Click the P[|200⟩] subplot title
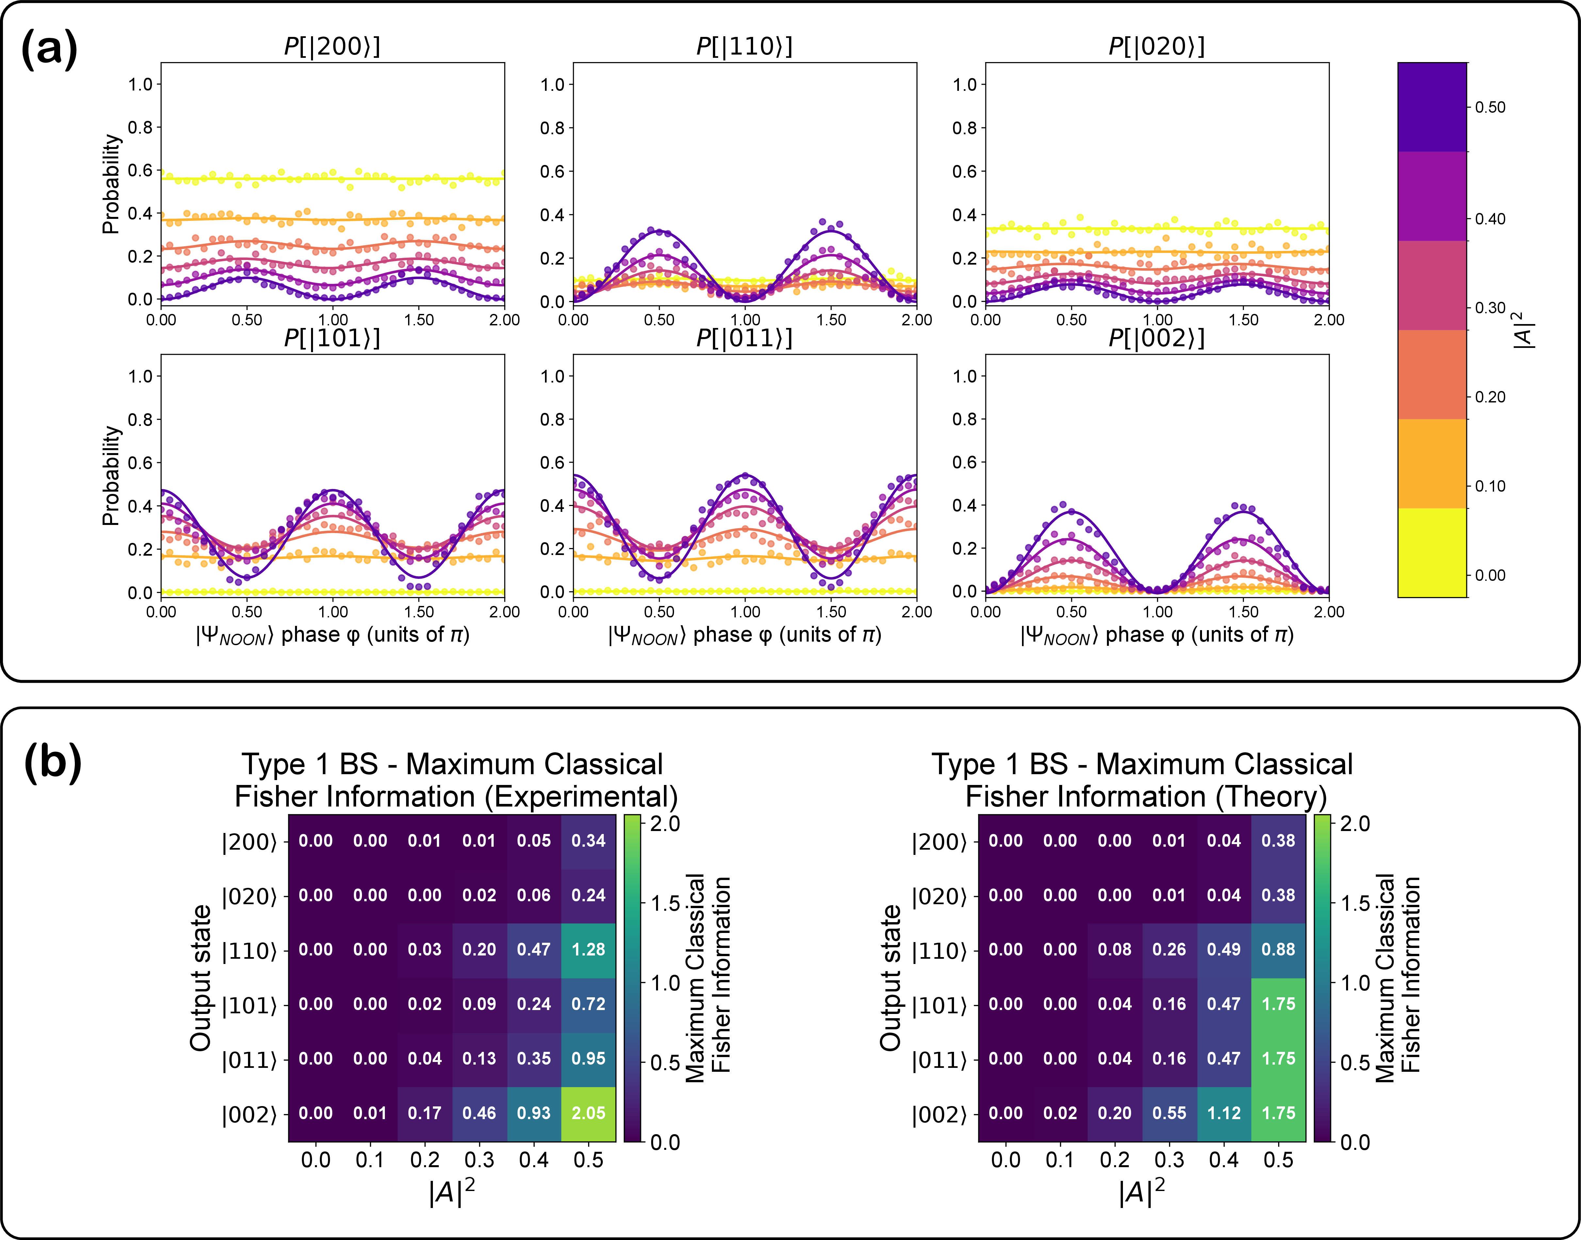point(332,46)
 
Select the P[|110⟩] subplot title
point(744,46)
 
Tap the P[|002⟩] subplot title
point(1156,338)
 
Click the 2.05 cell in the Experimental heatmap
point(588,1113)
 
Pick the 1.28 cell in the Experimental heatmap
point(588,950)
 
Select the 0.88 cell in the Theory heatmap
point(1278,950)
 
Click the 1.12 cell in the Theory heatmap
point(1224,1113)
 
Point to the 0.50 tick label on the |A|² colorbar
point(1490,107)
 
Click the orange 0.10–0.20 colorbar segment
point(1432,463)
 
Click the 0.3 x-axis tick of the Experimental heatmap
point(479,1159)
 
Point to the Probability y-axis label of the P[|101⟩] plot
point(110,476)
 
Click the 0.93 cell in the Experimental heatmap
point(534,1113)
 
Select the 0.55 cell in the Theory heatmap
point(1169,1113)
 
